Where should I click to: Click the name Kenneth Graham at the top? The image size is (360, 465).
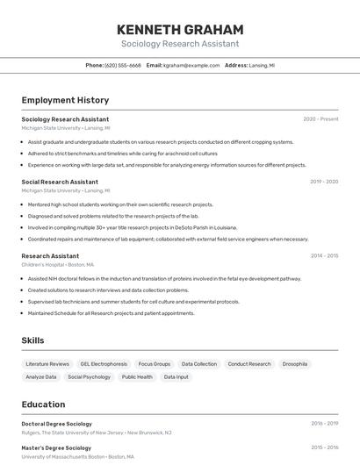[179, 28]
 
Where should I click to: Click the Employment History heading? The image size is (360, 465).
[65, 100]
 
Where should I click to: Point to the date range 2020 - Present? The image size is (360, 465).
[320, 119]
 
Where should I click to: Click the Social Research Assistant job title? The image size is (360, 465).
[60, 182]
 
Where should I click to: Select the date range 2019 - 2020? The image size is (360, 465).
[324, 182]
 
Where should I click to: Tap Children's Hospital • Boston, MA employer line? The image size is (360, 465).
[57, 264]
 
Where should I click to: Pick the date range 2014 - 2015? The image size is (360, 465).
[324, 256]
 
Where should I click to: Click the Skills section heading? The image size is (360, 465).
[33, 340]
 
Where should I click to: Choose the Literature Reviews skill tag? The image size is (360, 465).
[47, 363]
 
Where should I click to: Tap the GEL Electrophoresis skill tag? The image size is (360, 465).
[104, 363]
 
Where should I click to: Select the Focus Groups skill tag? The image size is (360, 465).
[155, 363]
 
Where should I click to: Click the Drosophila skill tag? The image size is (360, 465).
[295, 363]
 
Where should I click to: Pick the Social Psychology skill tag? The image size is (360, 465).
[89, 376]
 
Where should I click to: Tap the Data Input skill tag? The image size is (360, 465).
[176, 376]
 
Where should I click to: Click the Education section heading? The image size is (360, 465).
[43, 404]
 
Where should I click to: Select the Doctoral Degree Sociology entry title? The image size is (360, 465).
[56, 424]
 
